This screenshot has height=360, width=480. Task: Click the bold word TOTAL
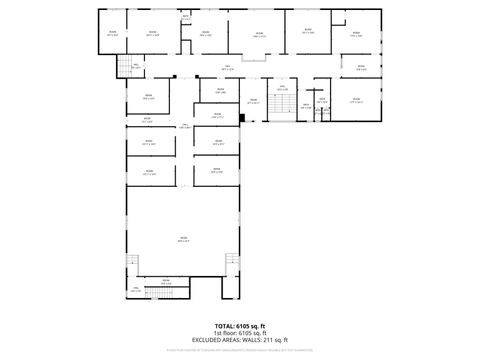pyautogui.click(x=224, y=327)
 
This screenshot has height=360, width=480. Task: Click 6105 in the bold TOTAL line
pyautogui.click(x=243, y=327)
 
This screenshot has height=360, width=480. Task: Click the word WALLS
pyautogui.click(x=251, y=341)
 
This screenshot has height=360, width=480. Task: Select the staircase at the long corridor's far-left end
pyautogui.click(x=127, y=67)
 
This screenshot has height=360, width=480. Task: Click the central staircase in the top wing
pyautogui.click(x=281, y=104)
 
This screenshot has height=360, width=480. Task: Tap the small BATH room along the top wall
pyautogui.click(x=186, y=18)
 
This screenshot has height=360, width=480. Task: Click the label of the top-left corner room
pyautogui.click(x=113, y=33)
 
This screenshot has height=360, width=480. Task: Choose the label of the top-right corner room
pyautogui.click(x=357, y=34)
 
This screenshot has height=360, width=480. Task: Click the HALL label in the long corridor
pyautogui.click(x=227, y=68)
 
